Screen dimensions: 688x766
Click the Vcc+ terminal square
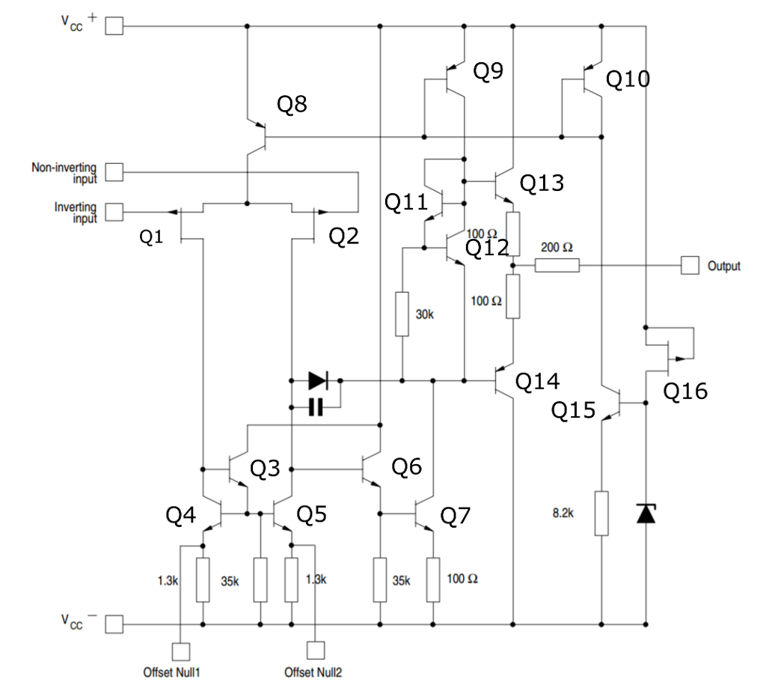[114, 27]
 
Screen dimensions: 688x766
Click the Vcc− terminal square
[114, 624]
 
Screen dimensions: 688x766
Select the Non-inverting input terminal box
[114, 173]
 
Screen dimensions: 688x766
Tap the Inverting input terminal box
[114, 213]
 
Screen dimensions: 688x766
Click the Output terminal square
[689, 265]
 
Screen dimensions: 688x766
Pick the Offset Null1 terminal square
[181, 651]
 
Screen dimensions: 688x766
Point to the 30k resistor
[403, 314]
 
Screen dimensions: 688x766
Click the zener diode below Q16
[646, 514]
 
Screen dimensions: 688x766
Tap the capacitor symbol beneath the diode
[316, 407]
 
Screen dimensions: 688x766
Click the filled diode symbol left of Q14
[317, 381]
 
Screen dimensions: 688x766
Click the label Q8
[292, 104]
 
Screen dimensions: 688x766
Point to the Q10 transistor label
[628, 79]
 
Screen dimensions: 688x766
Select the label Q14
[538, 381]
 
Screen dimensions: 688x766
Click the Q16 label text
[685, 391]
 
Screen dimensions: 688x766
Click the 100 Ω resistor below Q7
[433, 579]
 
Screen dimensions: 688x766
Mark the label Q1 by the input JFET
[152, 237]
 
